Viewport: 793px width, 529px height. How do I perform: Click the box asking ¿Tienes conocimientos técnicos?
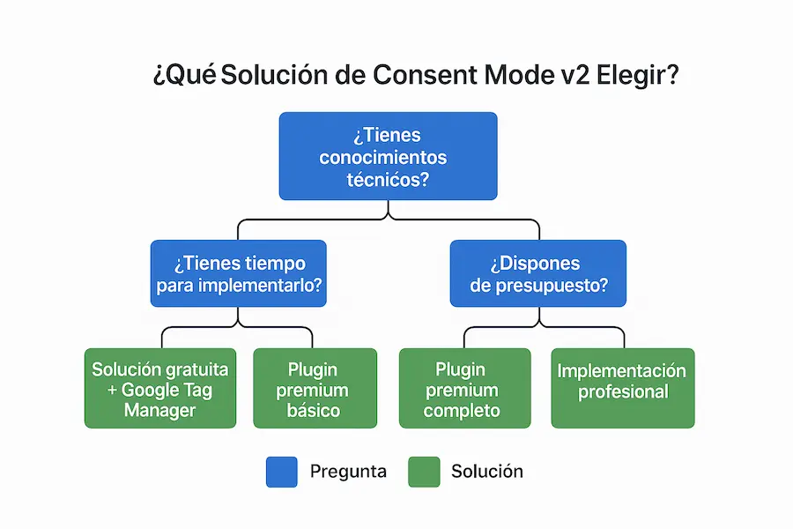coord(388,156)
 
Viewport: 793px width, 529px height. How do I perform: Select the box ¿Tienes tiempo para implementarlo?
coord(238,273)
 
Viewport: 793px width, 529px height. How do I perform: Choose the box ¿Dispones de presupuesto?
coord(537,273)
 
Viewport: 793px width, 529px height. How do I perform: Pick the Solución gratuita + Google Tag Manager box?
coord(160,389)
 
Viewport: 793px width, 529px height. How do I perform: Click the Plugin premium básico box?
coord(313,389)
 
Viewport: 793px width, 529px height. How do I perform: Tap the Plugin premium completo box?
coord(464,389)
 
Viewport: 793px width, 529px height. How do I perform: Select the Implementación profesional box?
coord(622,389)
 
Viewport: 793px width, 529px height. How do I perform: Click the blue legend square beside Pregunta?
coord(281,472)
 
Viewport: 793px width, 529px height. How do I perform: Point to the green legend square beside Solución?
coord(424,472)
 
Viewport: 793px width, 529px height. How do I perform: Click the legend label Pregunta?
coord(347,472)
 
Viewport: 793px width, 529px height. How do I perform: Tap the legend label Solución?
coord(486,472)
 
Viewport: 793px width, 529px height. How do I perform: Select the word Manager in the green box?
coord(160,410)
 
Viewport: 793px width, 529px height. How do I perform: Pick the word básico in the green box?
coord(313,410)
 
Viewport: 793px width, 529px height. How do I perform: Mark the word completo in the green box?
coord(462,410)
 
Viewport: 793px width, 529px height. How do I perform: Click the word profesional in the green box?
coord(622,391)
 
